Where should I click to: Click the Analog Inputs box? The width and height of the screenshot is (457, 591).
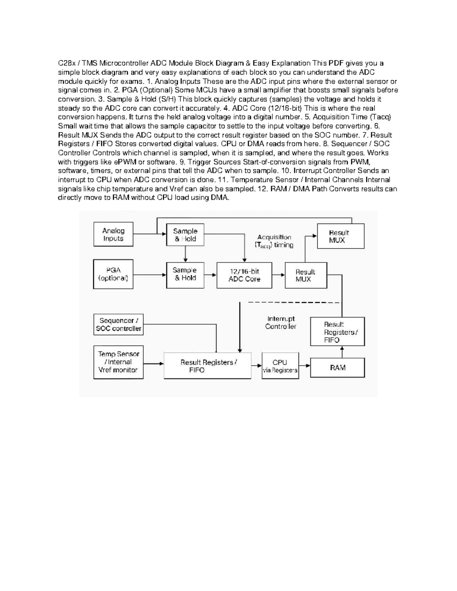113,234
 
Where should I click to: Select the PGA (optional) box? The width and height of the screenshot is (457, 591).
113,274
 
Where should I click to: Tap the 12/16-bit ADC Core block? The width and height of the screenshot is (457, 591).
244,275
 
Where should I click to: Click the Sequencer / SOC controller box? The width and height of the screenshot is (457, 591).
118,325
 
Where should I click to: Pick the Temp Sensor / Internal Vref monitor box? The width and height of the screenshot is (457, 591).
118,362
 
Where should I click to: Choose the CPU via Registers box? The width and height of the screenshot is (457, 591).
280,366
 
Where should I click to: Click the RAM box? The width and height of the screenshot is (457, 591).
337,368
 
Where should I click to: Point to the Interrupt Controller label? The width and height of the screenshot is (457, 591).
281,323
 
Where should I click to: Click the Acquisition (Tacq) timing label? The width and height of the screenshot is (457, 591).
274,241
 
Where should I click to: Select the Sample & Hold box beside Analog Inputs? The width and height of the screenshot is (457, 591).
185,235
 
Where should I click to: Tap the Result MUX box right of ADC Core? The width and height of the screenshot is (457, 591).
305,275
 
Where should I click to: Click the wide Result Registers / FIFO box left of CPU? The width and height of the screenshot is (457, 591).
208,366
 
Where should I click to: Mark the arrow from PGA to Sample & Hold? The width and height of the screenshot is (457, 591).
150,275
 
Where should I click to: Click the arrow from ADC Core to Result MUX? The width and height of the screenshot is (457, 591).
278,275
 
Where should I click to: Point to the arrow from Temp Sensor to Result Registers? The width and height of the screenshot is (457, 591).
153,363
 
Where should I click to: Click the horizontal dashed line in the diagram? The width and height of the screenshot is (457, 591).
293,303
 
